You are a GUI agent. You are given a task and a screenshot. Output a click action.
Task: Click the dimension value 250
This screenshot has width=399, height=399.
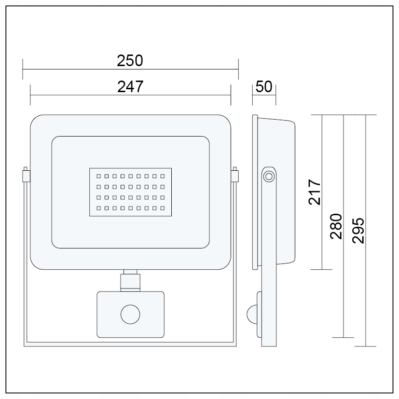click(x=130, y=61)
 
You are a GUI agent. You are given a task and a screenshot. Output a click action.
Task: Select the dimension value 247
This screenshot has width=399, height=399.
click(x=130, y=86)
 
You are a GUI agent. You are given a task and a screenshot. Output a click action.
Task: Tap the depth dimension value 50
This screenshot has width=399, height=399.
click(x=264, y=87)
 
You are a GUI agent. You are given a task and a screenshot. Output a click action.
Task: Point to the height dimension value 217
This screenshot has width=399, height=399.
click(x=315, y=193)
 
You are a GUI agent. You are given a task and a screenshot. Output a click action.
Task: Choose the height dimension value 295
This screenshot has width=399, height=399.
click(x=358, y=230)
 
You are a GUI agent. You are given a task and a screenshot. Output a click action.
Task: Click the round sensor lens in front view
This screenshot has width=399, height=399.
click(x=130, y=315)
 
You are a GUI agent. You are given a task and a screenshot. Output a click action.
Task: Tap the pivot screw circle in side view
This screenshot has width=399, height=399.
click(x=268, y=177)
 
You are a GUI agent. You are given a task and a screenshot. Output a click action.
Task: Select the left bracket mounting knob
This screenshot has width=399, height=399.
click(x=26, y=175)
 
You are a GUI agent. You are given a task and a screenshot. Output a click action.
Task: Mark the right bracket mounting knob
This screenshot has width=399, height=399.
click(x=235, y=175)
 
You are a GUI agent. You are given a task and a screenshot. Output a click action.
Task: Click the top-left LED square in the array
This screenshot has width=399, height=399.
click(x=98, y=176)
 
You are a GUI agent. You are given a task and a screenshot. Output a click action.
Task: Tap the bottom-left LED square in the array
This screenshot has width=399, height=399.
click(x=98, y=208)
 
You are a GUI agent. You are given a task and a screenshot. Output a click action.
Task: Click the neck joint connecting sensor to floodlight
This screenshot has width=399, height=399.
click(x=130, y=280)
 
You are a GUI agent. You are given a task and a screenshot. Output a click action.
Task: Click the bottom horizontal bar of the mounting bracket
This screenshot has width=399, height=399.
click(x=130, y=344)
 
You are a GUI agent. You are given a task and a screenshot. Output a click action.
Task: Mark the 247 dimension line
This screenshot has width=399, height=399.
click(x=130, y=95)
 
